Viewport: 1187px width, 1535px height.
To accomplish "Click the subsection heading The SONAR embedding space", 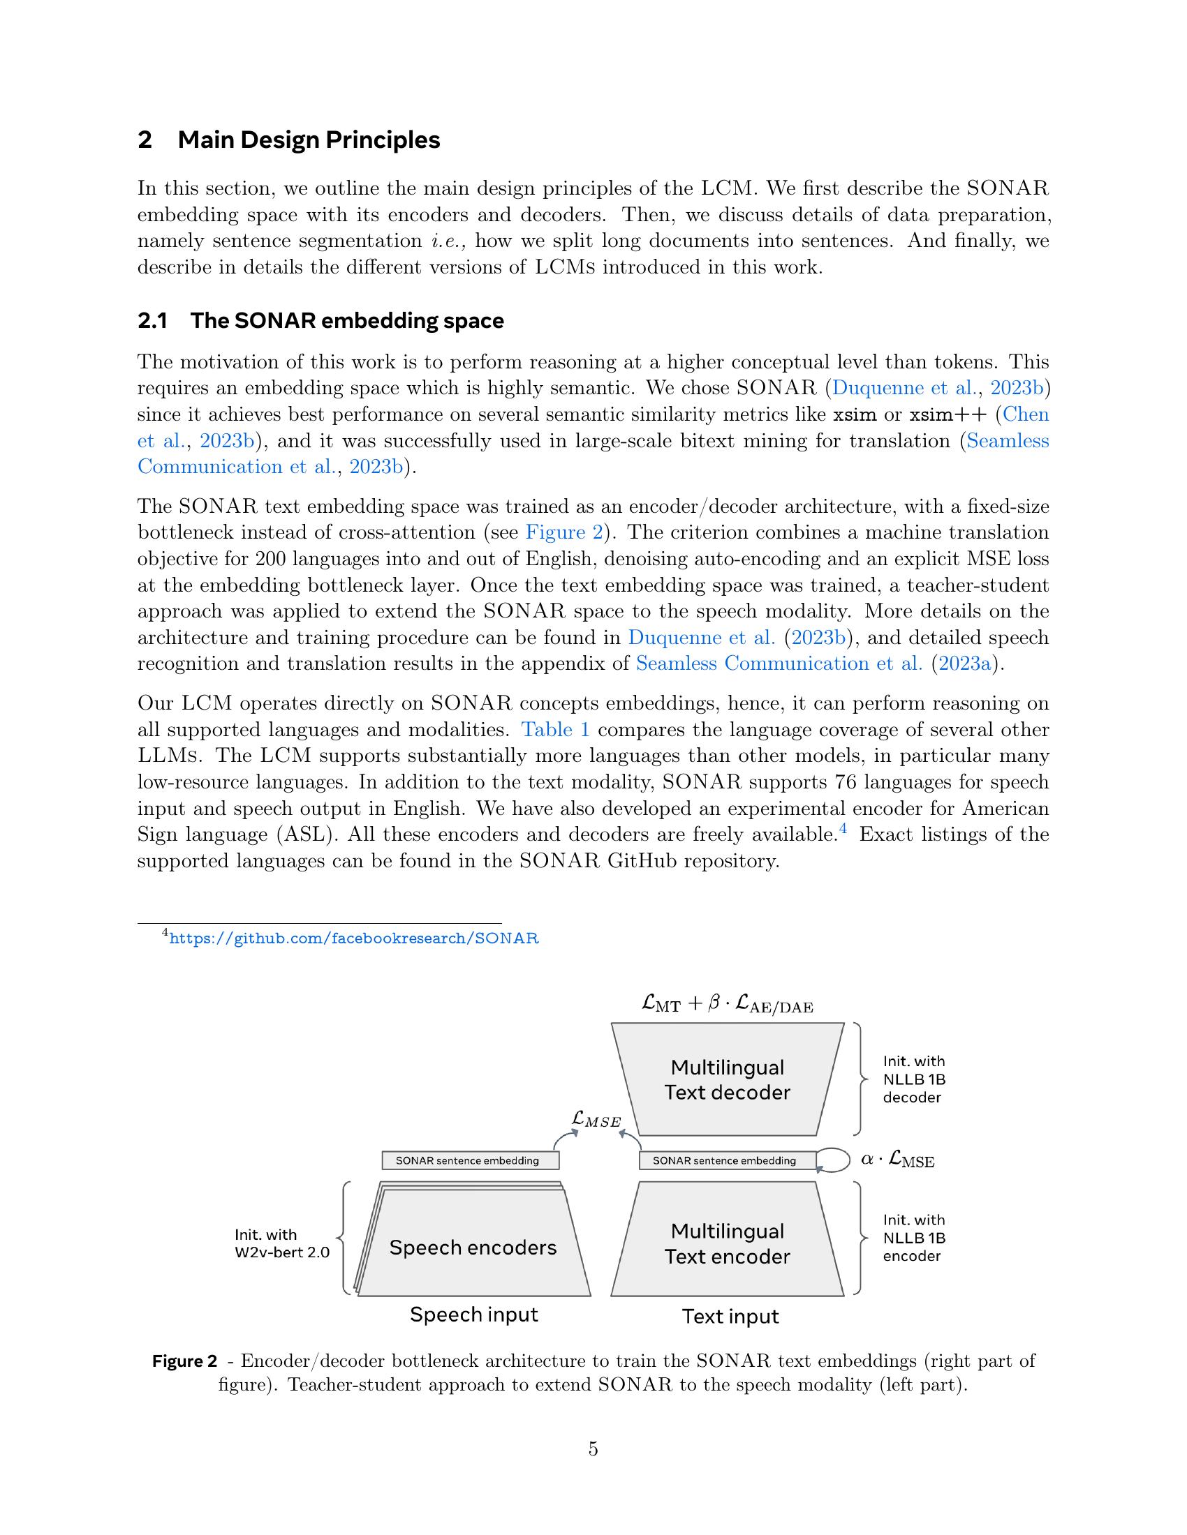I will [347, 320].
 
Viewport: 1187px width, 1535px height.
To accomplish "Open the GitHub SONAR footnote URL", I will [354, 938].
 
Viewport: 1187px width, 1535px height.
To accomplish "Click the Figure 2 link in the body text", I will [564, 532].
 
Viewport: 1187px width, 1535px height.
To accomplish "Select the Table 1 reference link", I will [555, 730].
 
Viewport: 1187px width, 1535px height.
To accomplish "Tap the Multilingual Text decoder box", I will [727, 1079].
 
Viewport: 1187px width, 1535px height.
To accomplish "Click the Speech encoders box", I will [473, 1248].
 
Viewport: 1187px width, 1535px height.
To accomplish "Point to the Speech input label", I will [474, 1315].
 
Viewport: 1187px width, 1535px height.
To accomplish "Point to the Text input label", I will [730, 1317].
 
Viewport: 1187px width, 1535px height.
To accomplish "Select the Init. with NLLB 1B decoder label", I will [913, 1079].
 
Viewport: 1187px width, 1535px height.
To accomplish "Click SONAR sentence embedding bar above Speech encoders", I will [470, 1160].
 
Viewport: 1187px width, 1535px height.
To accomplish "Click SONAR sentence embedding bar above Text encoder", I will [727, 1160].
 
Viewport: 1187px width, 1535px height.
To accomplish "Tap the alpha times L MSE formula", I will [897, 1160].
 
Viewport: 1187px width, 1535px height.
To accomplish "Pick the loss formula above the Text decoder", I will [727, 1004].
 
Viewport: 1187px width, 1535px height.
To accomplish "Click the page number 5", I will [593, 1448].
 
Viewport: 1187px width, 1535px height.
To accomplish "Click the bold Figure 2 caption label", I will [184, 1361].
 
